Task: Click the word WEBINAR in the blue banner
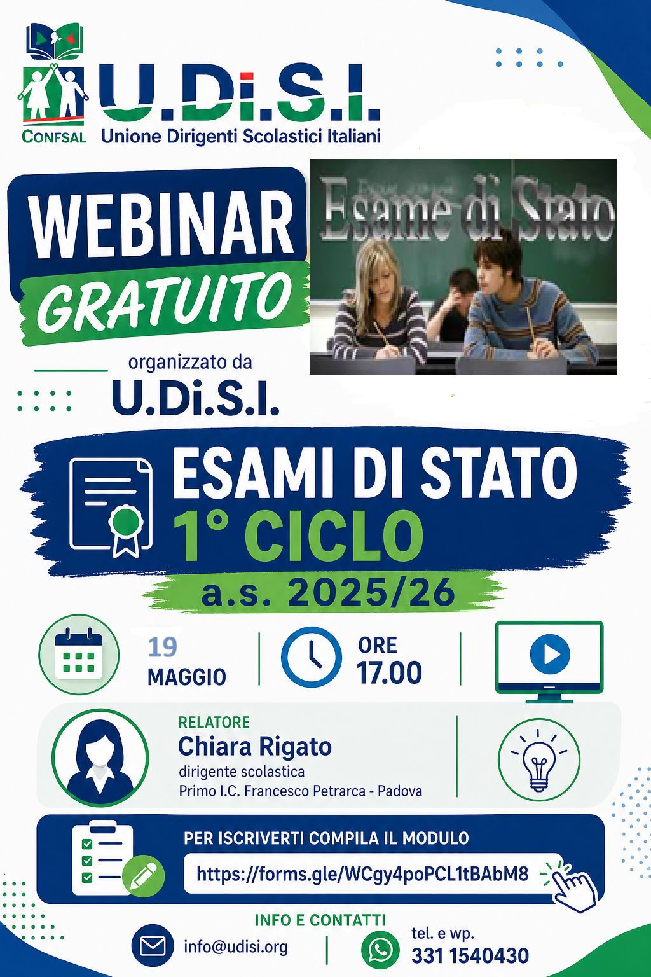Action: pos(160,225)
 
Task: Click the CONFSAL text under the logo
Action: pos(54,137)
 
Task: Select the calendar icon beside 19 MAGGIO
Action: pos(79,654)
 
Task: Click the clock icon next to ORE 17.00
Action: pos(312,657)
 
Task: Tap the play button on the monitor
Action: pos(550,654)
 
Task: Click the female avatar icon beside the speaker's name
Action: pos(100,757)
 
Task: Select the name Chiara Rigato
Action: pos(255,747)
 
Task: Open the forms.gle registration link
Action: pos(362,873)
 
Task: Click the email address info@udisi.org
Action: pos(236,947)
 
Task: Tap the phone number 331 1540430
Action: pos(470,955)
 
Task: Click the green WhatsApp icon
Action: pos(380,950)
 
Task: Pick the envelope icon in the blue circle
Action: pos(153,946)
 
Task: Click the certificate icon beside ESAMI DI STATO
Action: pos(111,508)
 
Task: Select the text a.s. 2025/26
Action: pos(328,592)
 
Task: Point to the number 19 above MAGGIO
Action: pos(162,647)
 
